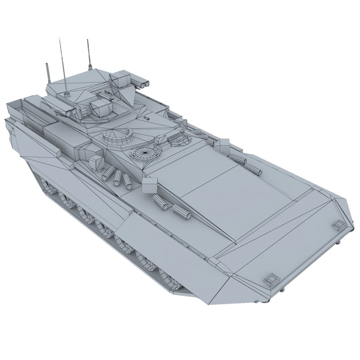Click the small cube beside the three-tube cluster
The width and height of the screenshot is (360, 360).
pos(97,162)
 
